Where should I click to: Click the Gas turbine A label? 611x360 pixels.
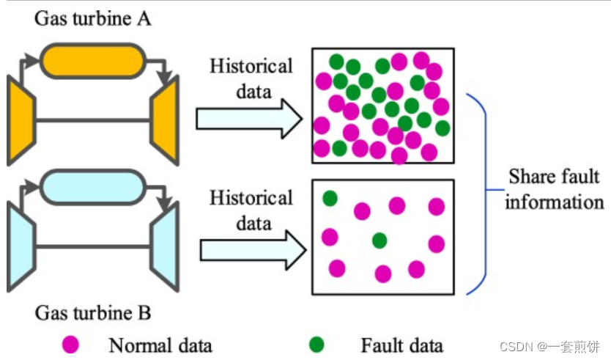pos(93,18)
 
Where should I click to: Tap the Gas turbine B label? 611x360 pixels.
pos(93,314)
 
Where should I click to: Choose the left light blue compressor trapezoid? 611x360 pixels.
pos(21,246)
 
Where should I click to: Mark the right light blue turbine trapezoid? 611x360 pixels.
pos(164,246)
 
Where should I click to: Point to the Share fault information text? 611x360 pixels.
pos(554,189)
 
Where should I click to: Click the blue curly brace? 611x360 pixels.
pos(480,191)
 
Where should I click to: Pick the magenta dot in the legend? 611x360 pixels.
pos(70,343)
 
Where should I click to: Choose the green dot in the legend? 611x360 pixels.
pos(317,343)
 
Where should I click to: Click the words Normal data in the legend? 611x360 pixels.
pos(160,344)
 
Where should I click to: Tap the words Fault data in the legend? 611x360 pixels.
pos(401,344)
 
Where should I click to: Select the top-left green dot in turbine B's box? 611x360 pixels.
pos(330,197)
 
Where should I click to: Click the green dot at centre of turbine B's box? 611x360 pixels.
pos(379,240)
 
